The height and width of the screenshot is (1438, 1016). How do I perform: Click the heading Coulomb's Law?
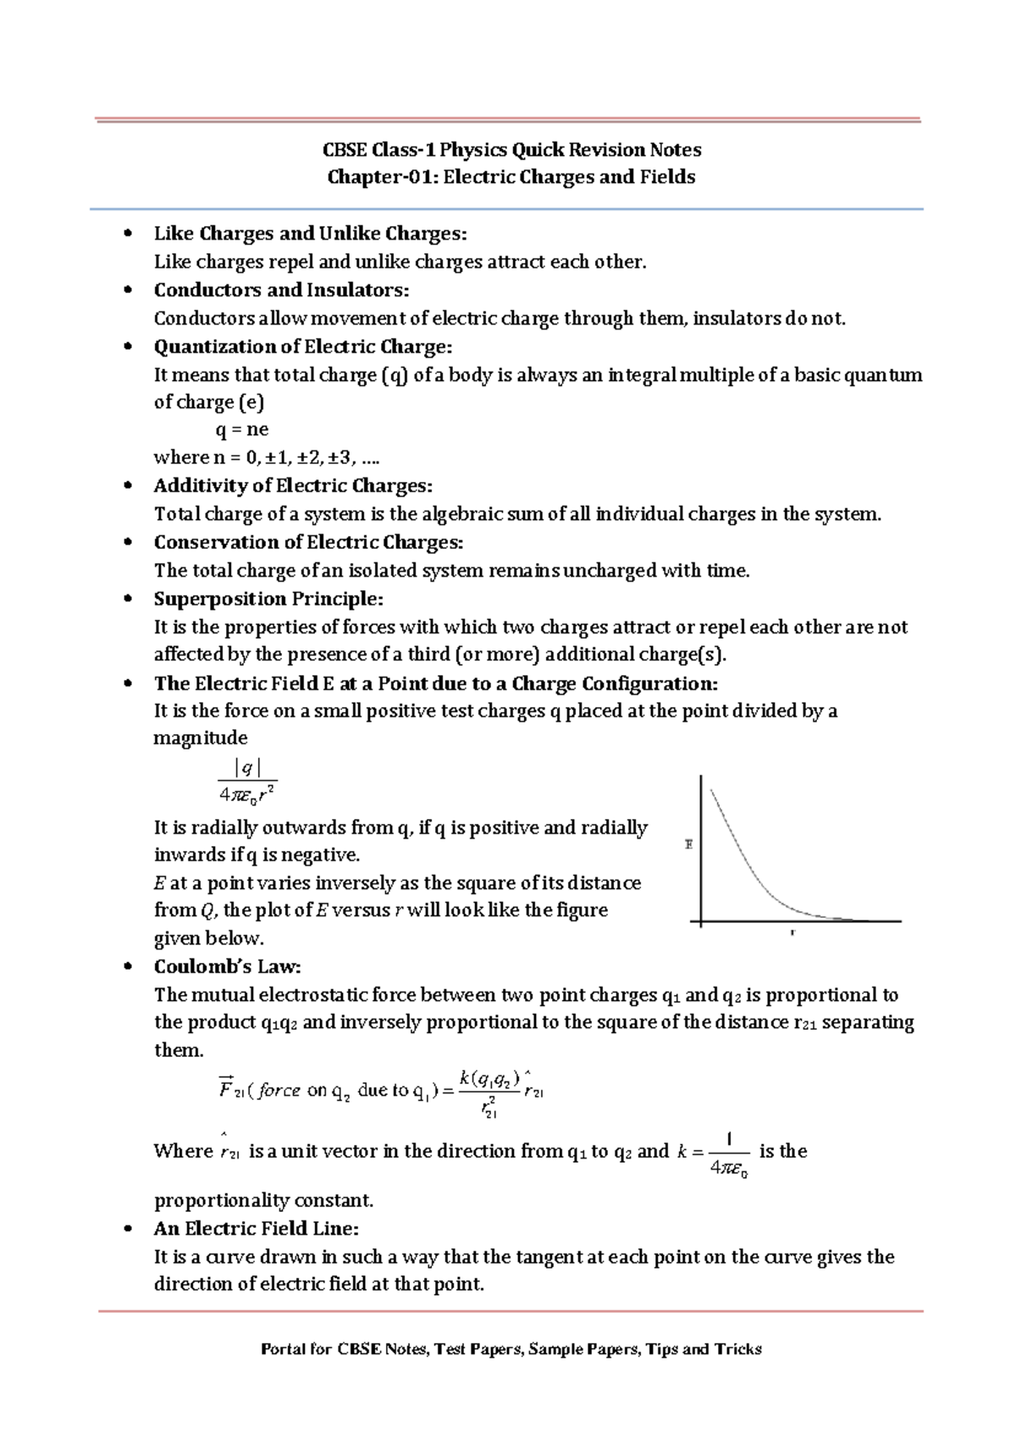(227, 966)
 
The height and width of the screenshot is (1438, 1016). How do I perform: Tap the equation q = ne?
(242, 429)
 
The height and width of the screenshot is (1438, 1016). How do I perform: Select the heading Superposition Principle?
(268, 599)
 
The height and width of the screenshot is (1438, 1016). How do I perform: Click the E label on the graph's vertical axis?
(688, 844)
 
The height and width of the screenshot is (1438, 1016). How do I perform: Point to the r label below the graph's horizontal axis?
(792, 932)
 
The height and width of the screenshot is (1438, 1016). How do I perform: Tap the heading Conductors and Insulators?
(281, 290)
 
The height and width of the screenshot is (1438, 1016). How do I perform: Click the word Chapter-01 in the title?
(381, 177)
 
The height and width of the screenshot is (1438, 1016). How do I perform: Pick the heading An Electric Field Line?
(256, 1228)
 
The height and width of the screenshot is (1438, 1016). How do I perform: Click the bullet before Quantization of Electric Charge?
(128, 346)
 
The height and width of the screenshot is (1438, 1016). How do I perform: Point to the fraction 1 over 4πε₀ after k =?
(729, 1154)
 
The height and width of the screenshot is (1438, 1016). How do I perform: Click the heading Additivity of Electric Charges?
(292, 485)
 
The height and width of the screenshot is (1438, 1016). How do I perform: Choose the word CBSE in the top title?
(345, 150)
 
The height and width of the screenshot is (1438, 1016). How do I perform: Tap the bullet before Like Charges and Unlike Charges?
(128, 233)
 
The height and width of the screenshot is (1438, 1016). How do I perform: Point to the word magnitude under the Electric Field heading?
(200, 738)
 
